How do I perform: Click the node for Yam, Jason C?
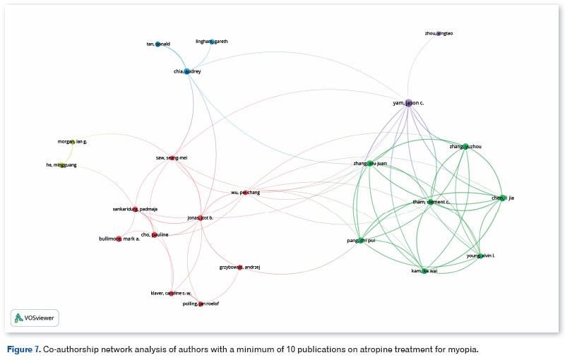408,103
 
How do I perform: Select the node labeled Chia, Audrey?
187,71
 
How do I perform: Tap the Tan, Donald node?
157,44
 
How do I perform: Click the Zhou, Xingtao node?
438,33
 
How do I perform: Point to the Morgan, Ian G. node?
71,142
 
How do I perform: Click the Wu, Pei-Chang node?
244,192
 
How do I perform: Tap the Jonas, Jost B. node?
201,217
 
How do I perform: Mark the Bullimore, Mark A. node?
118,239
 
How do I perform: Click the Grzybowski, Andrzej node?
239,268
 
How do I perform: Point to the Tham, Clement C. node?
430,203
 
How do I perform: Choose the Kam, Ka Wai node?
424,270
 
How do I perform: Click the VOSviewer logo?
35,318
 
